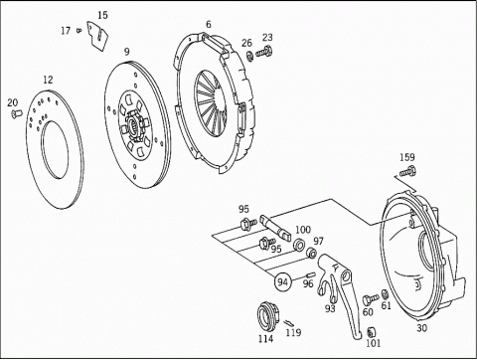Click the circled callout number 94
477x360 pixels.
(282, 282)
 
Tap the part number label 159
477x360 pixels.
(407, 157)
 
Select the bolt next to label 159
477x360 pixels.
(407, 172)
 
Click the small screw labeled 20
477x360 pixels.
(15, 113)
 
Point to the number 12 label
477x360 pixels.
(48, 80)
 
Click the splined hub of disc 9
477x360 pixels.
(134, 126)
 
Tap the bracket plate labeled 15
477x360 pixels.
(97, 36)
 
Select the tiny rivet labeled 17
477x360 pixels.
(79, 31)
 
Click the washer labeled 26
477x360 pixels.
(250, 56)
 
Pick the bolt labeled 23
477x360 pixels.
(264, 52)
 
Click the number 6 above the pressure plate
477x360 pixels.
(209, 25)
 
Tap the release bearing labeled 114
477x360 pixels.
(267, 313)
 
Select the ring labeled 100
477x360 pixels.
(300, 245)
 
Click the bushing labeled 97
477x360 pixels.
(312, 253)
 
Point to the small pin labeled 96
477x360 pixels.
(311, 274)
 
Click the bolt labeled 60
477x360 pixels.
(371, 299)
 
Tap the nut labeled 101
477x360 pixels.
(371, 332)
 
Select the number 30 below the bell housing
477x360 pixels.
(421, 328)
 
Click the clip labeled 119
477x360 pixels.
(288, 322)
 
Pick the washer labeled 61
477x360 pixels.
(385, 294)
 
